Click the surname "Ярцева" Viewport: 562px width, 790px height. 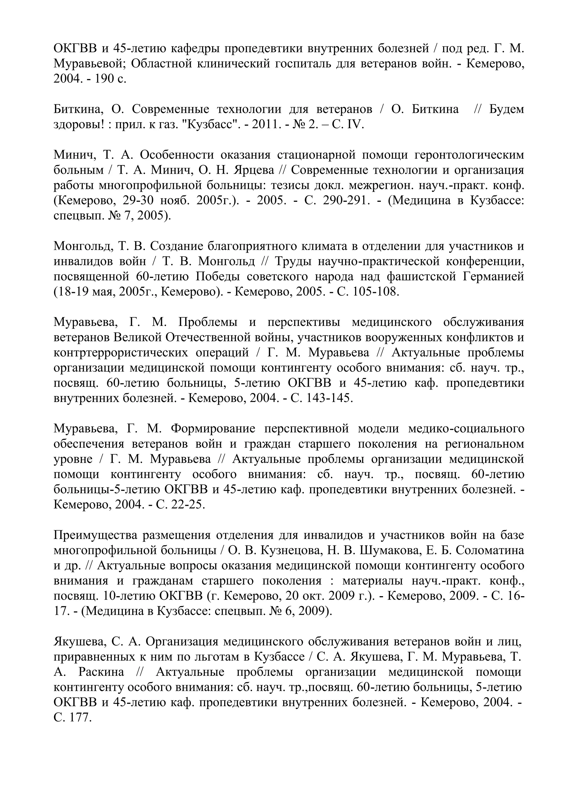click(254, 170)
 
